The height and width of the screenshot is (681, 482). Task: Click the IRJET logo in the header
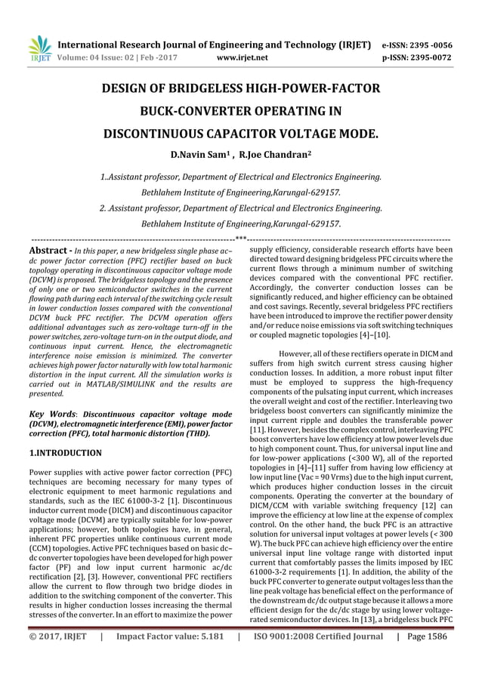coord(39,48)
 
